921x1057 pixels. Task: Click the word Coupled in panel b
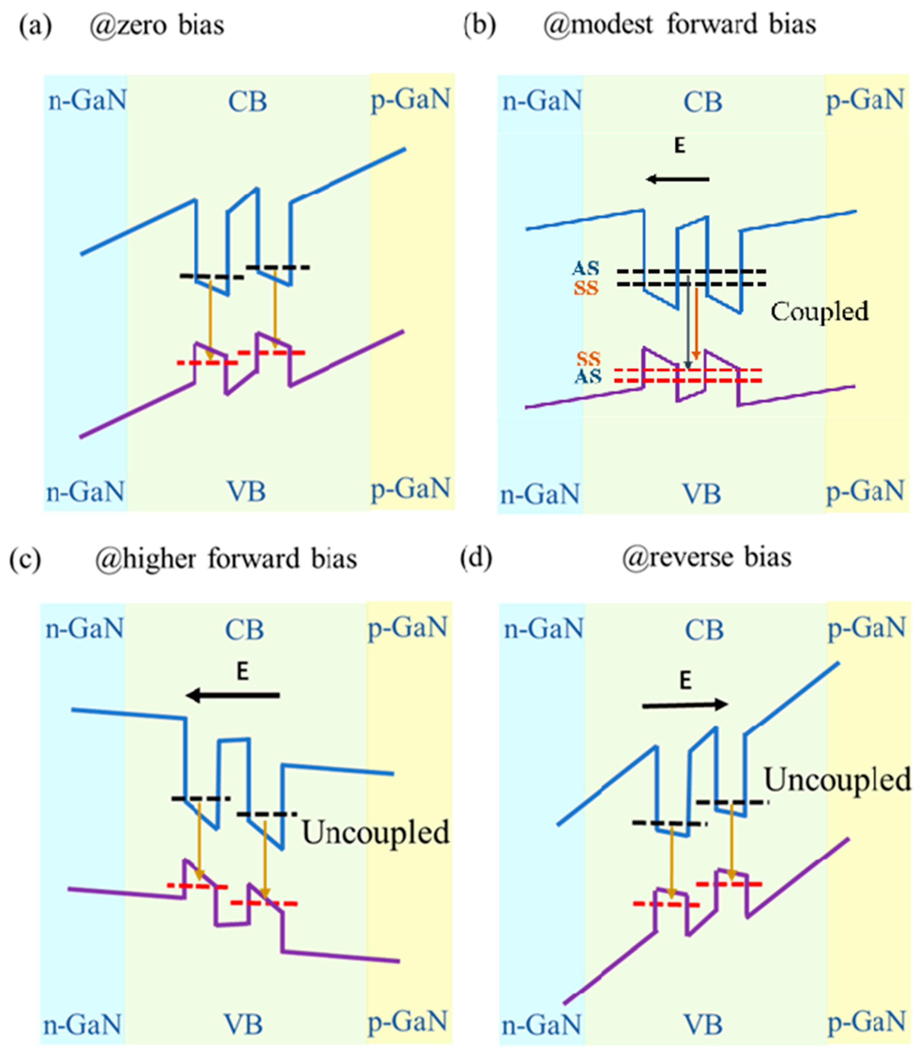pyautogui.click(x=819, y=312)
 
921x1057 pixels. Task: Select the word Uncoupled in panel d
pyautogui.click(x=837, y=780)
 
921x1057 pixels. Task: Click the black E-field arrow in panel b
pyautogui.click(x=677, y=179)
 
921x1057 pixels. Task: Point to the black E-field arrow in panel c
pyautogui.click(x=233, y=696)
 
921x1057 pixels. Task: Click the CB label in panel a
pyautogui.click(x=247, y=101)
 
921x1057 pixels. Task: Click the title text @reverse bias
pyautogui.click(x=707, y=558)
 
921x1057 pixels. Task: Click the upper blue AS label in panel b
pyautogui.click(x=586, y=268)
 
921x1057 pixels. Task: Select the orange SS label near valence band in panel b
pyautogui.click(x=588, y=358)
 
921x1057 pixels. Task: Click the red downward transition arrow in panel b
pyautogui.click(x=696, y=324)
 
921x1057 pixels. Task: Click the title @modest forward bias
pyautogui.click(x=680, y=25)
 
